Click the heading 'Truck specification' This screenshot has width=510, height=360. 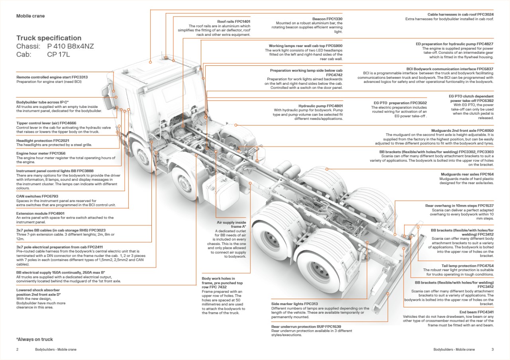(x=49, y=38)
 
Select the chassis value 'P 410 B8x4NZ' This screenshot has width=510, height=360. (x=70, y=46)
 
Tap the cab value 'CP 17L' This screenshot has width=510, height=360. (x=58, y=55)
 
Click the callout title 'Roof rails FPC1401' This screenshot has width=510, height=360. (x=233, y=22)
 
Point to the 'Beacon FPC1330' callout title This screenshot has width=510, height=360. (x=327, y=19)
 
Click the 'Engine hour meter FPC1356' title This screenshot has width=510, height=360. (x=41, y=153)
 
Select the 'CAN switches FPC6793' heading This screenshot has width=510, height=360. (x=37, y=196)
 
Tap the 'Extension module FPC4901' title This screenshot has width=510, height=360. (x=40, y=213)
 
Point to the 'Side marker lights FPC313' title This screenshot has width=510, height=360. (x=294, y=304)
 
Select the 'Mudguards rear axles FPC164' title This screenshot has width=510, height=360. (x=467, y=174)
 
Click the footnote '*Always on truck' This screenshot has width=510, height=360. (x=35, y=339)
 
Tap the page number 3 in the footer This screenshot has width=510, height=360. (x=492, y=349)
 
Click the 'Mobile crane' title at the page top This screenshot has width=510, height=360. (x=30, y=16)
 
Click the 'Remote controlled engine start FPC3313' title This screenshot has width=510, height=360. (x=52, y=77)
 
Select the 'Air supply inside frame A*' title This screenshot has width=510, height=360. (x=231, y=224)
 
